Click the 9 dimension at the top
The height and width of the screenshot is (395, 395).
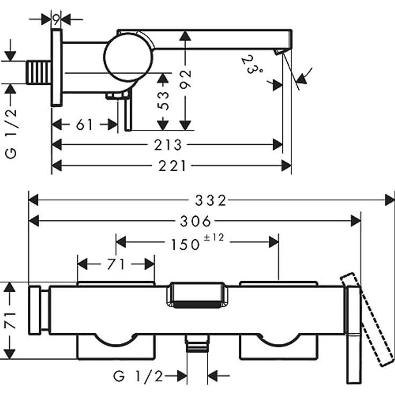(56, 19)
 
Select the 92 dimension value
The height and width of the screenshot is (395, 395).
(186, 79)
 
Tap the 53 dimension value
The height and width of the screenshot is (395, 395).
(163, 101)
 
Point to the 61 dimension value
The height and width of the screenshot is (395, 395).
(84, 125)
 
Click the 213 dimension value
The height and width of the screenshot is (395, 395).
(168, 145)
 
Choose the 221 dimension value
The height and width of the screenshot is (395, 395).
(172, 166)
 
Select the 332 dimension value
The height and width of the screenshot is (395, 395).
(211, 201)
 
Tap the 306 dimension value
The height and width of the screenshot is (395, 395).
(196, 221)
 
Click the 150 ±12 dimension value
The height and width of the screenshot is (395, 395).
(197, 243)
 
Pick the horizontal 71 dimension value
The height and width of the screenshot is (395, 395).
(116, 264)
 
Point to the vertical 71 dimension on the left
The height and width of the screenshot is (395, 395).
(11, 320)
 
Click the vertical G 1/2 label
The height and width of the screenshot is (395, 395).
(11, 134)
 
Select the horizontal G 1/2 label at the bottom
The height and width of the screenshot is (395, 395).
(138, 376)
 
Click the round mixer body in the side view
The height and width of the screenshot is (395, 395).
(128, 57)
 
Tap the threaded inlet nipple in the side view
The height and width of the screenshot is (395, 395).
(39, 72)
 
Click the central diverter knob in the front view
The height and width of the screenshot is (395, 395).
(197, 295)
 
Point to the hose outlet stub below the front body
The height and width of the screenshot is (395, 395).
(197, 343)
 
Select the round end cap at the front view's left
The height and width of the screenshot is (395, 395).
(34, 310)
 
